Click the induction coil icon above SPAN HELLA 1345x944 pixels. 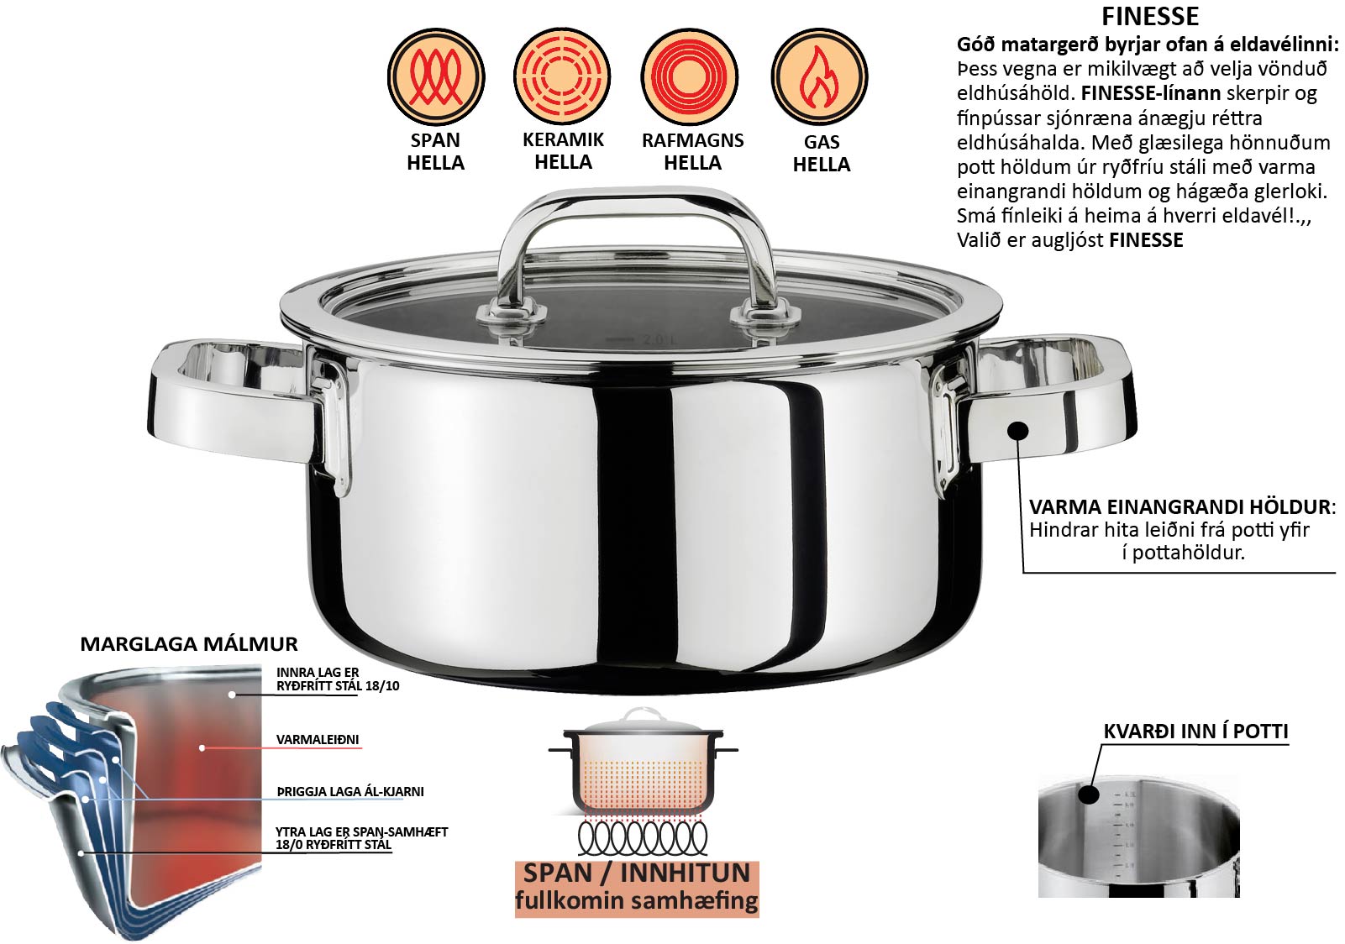pyautogui.click(x=435, y=76)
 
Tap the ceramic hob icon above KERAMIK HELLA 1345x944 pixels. pyautogui.click(x=562, y=76)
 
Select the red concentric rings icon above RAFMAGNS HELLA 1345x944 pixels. pyautogui.click(x=690, y=76)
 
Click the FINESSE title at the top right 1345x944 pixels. pyautogui.click(x=1150, y=16)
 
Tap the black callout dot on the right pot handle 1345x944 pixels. pyautogui.click(x=1018, y=430)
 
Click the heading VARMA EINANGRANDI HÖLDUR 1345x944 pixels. pyautogui.click(x=1180, y=507)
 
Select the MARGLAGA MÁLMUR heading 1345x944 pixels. pyautogui.click(x=189, y=644)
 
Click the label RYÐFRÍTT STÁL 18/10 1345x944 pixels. pyautogui.click(x=338, y=686)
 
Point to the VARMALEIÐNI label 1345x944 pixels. pyautogui.click(x=317, y=739)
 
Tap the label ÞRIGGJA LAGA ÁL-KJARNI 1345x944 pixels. pyautogui.click(x=350, y=792)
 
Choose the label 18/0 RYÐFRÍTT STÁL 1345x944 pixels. pyautogui.click(x=334, y=844)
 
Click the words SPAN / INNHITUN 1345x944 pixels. pyautogui.click(x=637, y=873)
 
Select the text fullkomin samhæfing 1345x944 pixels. pyautogui.click(x=637, y=900)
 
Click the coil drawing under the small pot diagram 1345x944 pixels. pyautogui.click(x=643, y=836)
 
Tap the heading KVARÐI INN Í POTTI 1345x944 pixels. pyautogui.click(x=1196, y=732)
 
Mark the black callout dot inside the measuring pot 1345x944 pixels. pyautogui.click(x=1088, y=795)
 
